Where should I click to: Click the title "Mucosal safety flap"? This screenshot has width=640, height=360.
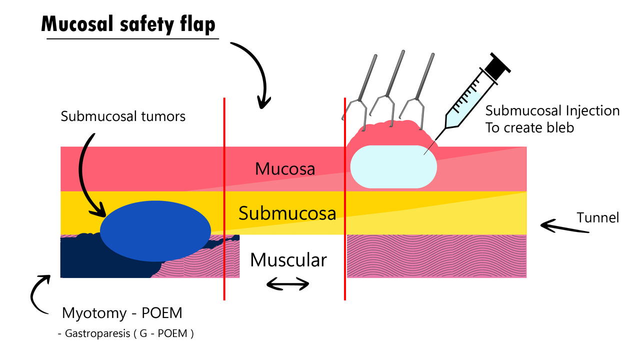[x=129, y=23]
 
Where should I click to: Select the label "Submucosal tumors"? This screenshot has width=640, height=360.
[x=123, y=116]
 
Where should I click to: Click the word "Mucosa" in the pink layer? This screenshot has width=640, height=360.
[x=285, y=169]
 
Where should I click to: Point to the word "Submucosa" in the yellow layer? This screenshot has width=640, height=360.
[x=286, y=213]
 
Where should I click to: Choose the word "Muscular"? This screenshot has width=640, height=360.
[x=288, y=260]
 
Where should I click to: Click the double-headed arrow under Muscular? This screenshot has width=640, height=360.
[x=287, y=284]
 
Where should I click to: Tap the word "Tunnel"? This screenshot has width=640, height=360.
[x=597, y=217]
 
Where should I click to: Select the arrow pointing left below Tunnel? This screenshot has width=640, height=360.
[x=564, y=227]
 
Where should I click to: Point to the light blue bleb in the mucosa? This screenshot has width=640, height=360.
[x=393, y=167]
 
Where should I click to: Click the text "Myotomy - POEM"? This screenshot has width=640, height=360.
[x=122, y=313]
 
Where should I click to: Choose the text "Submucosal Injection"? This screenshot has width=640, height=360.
[x=552, y=110]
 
